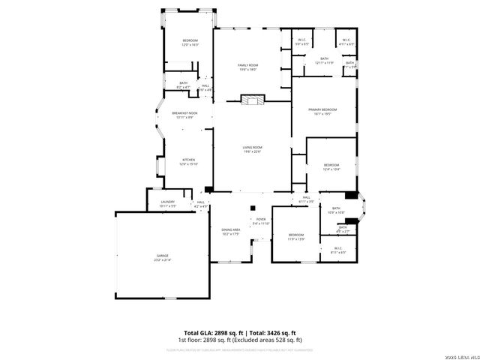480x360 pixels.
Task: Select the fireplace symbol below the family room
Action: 253,98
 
